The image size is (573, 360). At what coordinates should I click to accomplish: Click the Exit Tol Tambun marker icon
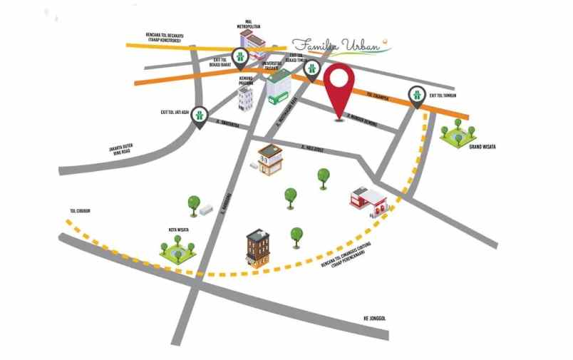(x=416, y=94)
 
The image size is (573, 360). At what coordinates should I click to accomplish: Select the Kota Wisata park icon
(x=177, y=249)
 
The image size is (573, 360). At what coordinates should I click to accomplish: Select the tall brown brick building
(x=258, y=249)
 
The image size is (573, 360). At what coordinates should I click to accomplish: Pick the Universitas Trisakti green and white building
(x=279, y=88)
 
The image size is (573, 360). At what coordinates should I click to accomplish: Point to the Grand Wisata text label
(x=481, y=147)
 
